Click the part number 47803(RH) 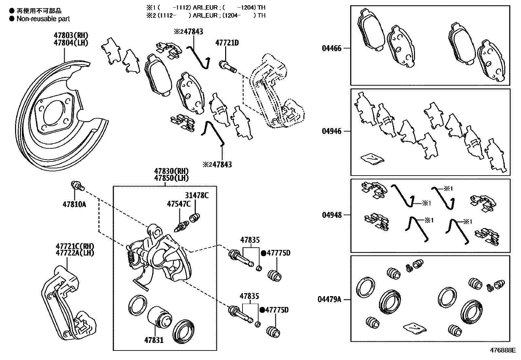pyautogui.click(x=71, y=35)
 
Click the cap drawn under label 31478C pyautogui.click(x=195, y=217)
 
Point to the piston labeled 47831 pyautogui.click(x=158, y=318)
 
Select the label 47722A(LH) pyautogui.click(x=75, y=253)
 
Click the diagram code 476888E pyautogui.click(x=502, y=350)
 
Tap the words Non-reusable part pyautogui.click(x=43, y=19)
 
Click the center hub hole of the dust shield pyautogui.click(x=54, y=113)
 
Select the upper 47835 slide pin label pyautogui.click(x=250, y=240)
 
